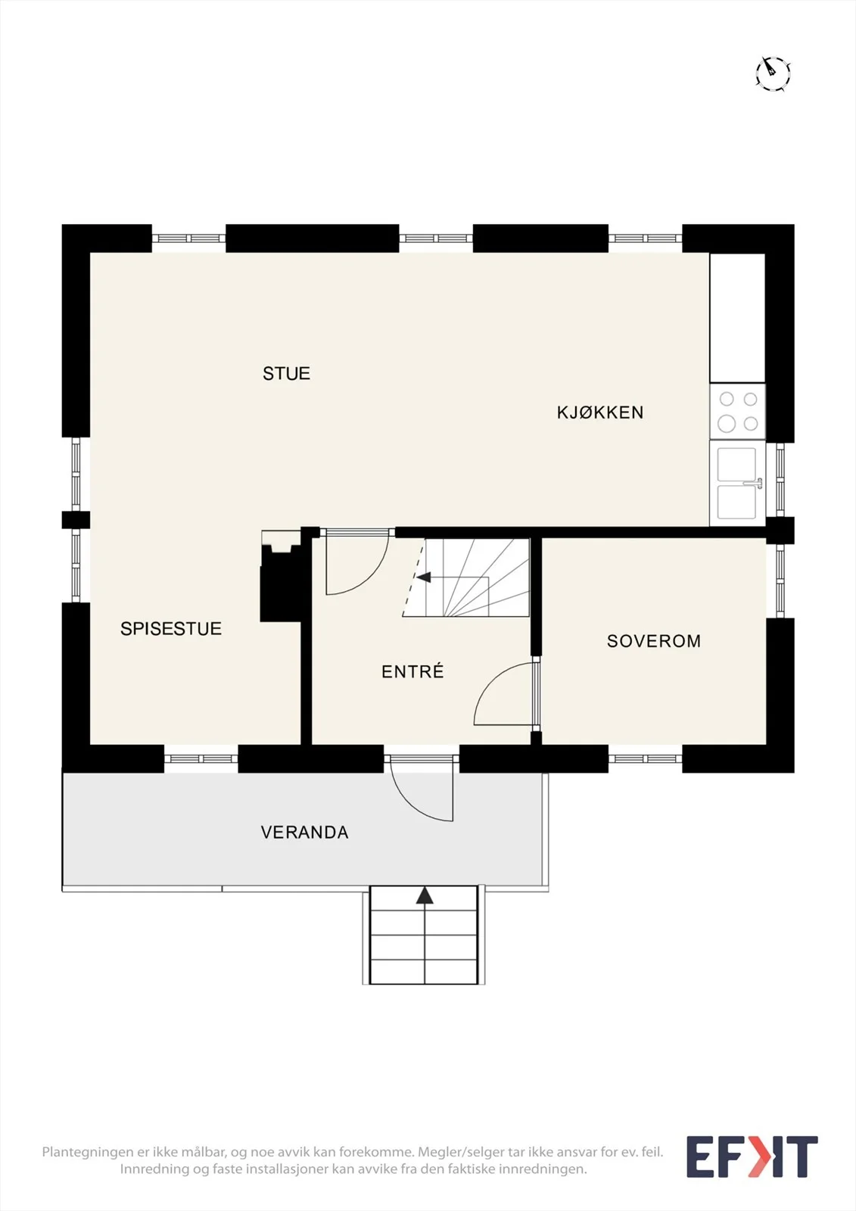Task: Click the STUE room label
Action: pos(286,374)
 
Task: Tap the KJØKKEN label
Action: pos(600,412)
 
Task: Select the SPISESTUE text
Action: pos(171,628)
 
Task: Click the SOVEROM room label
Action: pos(654,640)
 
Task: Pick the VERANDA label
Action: pos(304,832)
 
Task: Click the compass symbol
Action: pos(773,73)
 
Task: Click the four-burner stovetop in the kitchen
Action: pos(738,412)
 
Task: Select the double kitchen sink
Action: pos(738,484)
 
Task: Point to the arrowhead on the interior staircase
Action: pos(423,577)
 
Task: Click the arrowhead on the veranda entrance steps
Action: pos(425,895)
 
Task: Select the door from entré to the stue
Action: pos(357,562)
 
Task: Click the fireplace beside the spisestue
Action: pos(281,576)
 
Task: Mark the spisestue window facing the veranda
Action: pos(201,759)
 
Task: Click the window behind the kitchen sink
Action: pos(780,480)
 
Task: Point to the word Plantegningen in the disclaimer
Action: pos(86,1152)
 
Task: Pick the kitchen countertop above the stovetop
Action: pos(738,318)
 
